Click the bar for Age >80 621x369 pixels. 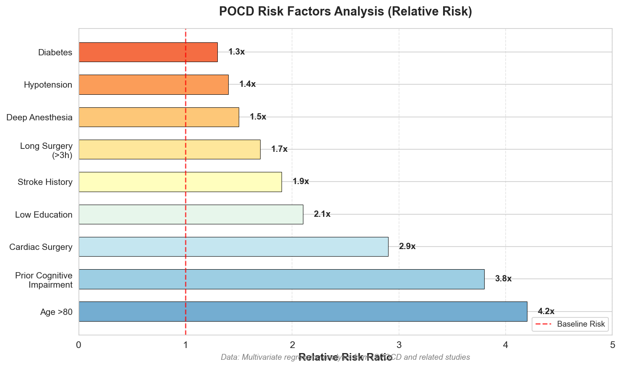click(x=303, y=312)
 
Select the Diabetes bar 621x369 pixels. click(x=148, y=52)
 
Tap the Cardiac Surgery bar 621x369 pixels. click(x=233, y=247)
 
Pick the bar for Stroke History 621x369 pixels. click(x=180, y=182)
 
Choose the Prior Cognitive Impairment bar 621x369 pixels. click(x=282, y=279)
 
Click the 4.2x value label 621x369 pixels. click(x=546, y=312)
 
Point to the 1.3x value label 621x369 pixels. click(x=237, y=52)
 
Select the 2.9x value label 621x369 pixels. click(x=407, y=247)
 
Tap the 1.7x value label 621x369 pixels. click(x=279, y=149)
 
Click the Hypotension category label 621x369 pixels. click(x=48, y=85)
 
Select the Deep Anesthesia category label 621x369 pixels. click(x=39, y=117)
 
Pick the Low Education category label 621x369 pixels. click(x=44, y=215)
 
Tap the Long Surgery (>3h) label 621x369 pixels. click(x=46, y=150)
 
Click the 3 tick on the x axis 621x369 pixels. click(x=399, y=345)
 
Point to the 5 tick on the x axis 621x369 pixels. click(x=612, y=345)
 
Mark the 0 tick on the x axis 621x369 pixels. click(x=79, y=345)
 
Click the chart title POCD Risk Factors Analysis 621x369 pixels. click(x=345, y=11)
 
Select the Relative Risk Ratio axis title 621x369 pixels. click(x=345, y=358)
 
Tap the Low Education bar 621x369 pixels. click(x=191, y=214)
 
